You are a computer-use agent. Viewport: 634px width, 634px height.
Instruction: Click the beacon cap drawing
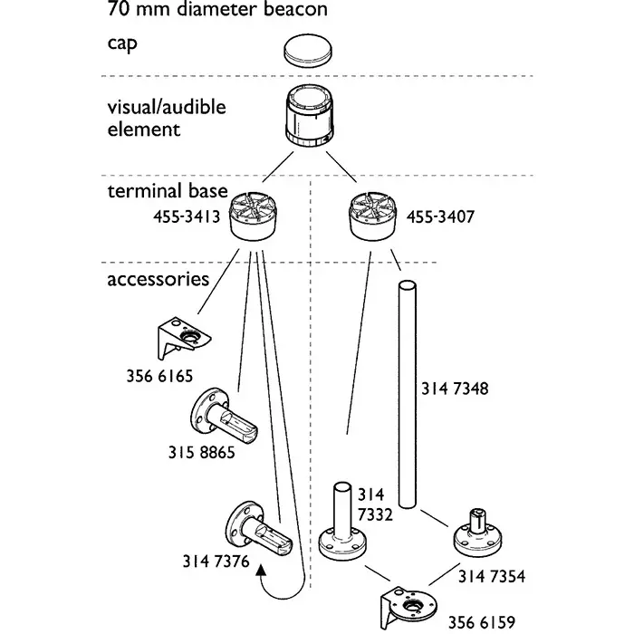click(308, 49)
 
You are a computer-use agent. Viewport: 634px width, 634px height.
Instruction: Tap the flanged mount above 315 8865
click(222, 418)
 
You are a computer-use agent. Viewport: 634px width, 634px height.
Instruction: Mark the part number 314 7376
click(216, 562)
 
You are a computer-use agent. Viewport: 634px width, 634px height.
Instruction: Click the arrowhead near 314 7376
click(261, 570)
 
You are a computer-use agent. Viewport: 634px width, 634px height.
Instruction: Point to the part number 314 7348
click(455, 389)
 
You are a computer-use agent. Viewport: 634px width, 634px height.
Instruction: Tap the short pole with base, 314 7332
click(344, 525)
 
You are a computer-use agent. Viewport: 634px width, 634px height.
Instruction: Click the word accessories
click(158, 279)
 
